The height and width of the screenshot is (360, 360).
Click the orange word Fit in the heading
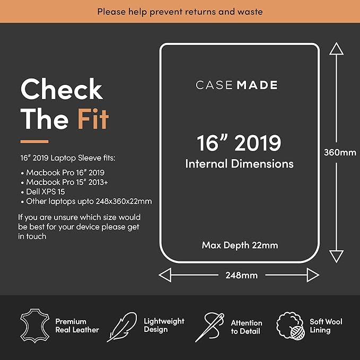tap(93, 119)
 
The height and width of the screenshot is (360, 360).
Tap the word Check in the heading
tap(62, 89)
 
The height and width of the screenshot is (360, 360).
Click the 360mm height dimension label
tap(340, 153)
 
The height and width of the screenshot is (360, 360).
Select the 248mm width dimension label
tap(242, 275)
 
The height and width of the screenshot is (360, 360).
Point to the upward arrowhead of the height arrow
tap(336, 48)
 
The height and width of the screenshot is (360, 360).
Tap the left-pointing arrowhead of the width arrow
tap(165, 275)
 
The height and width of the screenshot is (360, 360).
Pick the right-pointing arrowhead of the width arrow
tap(313, 275)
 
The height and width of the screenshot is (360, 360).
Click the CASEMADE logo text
tap(236, 85)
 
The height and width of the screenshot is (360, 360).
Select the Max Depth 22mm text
tap(240, 245)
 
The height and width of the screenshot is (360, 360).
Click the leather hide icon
tap(34, 326)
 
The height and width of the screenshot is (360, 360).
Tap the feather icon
tap(122, 327)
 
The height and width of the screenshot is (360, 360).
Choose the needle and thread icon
tap(210, 327)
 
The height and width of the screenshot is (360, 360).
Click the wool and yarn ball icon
tap(291, 326)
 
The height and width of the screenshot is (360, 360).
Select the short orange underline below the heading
tap(34, 142)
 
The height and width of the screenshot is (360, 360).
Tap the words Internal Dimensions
tap(240, 164)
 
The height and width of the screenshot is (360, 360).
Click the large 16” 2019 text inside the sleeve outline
tap(239, 143)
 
